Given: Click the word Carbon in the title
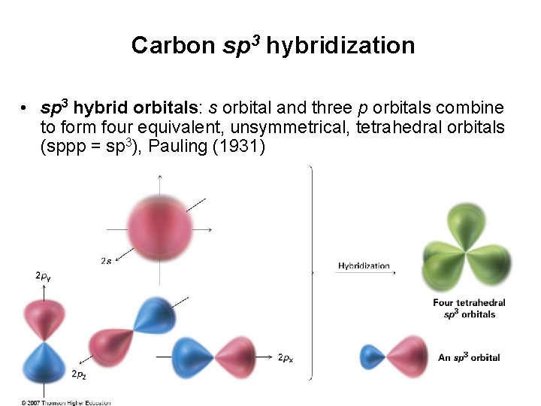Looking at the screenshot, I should (x=173, y=46).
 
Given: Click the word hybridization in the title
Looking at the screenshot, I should (x=340, y=46).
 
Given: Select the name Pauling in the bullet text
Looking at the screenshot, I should (x=180, y=146).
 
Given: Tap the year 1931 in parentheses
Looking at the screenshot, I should (x=240, y=146).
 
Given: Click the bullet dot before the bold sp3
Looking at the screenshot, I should (x=26, y=108).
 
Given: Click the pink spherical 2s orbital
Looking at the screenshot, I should (x=159, y=226).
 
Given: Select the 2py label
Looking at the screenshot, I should (x=44, y=277).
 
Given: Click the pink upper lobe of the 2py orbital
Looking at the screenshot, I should (x=44, y=318).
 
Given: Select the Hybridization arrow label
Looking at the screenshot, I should (x=364, y=265).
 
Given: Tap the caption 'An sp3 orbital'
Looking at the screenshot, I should (x=469, y=357).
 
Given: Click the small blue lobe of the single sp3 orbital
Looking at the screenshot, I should (x=373, y=356).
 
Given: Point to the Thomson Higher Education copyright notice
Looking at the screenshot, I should (x=66, y=402).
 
